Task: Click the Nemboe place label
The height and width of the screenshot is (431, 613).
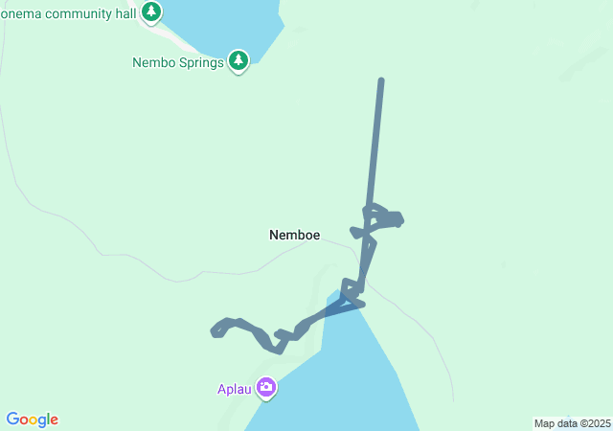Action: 294,235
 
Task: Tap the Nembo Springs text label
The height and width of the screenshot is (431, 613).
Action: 177,63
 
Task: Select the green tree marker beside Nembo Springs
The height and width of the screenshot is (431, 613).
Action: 238,61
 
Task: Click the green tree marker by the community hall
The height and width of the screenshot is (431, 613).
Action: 151,11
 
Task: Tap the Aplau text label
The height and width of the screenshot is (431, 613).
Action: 233,389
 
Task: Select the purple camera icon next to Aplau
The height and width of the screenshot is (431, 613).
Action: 265,388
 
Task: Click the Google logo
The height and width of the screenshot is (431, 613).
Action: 32,420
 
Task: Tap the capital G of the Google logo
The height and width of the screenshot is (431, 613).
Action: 12,420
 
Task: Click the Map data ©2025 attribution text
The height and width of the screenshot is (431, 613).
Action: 571,423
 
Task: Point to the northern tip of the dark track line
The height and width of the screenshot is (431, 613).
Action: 381,81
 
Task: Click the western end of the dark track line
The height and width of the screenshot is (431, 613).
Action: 214,332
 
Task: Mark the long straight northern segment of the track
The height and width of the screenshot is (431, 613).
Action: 375,144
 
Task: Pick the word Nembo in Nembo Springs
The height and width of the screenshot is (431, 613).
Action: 151,63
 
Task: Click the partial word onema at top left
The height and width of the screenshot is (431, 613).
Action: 22,11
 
